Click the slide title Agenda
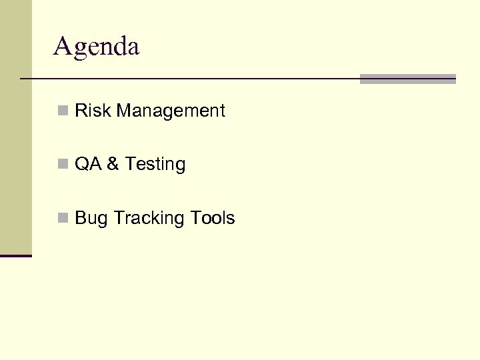(x=97, y=47)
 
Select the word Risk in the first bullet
(x=93, y=111)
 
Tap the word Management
(x=171, y=111)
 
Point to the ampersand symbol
(x=111, y=164)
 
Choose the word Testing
(x=155, y=165)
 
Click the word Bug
(x=91, y=219)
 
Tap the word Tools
(x=212, y=218)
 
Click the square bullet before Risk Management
(x=63, y=111)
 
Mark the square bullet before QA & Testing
(x=63, y=164)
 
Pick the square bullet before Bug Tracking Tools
(x=63, y=218)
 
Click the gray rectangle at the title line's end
(x=407, y=79)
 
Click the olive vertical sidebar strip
(x=15, y=127)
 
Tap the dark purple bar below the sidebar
(x=15, y=255)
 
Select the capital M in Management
(x=124, y=111)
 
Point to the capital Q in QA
(x=81, y=164)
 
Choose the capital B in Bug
(x=81, y=218)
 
